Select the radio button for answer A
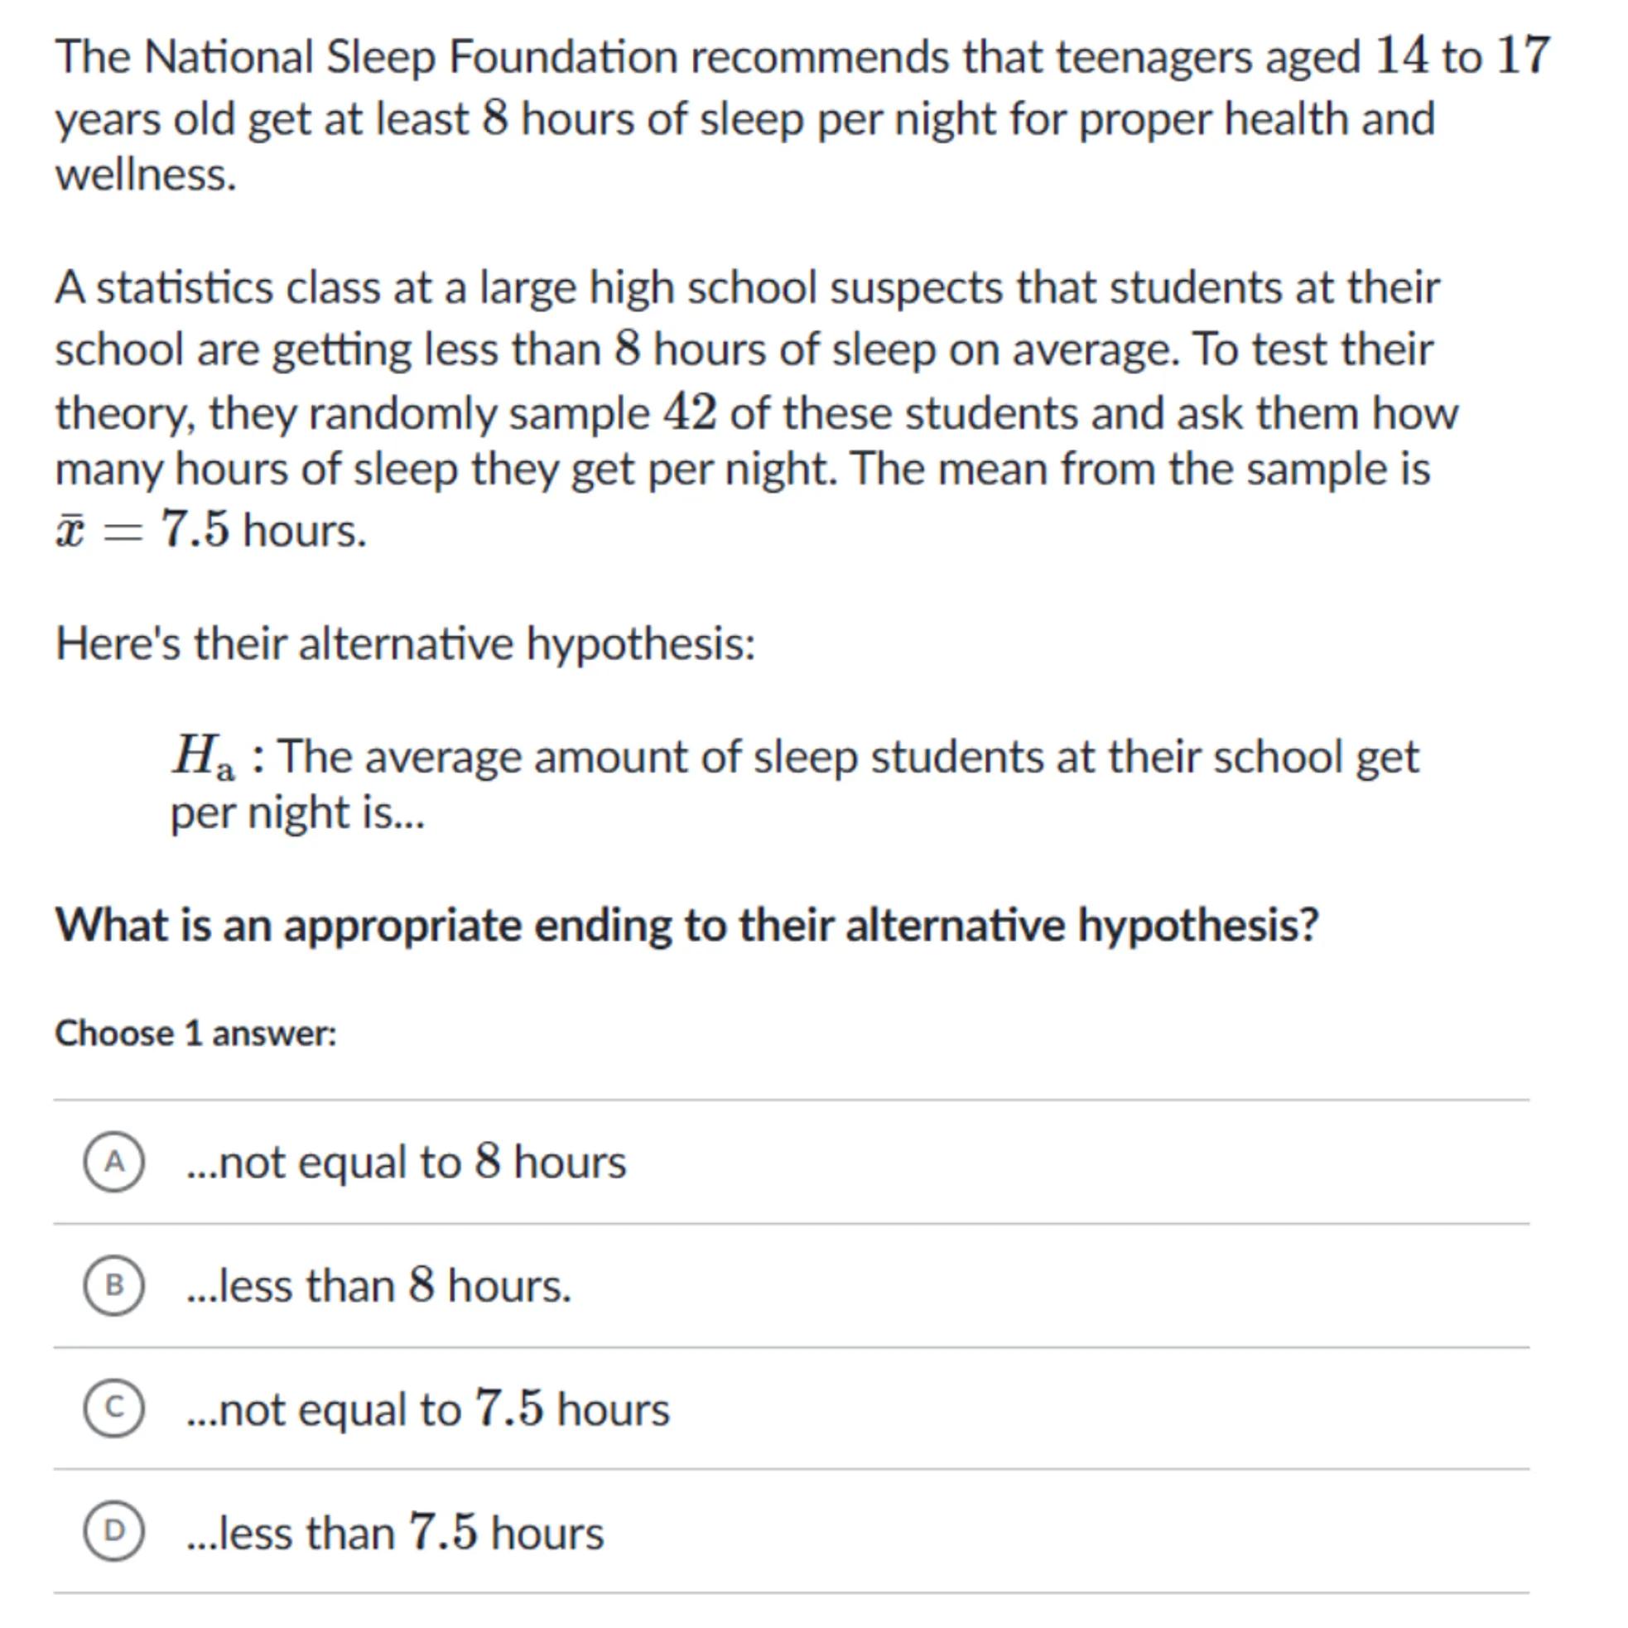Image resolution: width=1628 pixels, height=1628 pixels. click(113, 1162)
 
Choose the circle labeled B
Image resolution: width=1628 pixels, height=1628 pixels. click(113, 1285)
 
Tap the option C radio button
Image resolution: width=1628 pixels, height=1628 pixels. click(113, 1408)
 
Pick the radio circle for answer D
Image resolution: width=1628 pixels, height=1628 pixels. click(113, 1531)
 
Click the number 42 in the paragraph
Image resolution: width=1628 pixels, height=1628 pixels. click(690, 413)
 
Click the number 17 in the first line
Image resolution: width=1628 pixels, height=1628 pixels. click(1522, 55)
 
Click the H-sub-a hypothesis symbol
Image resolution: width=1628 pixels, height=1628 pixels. click(203, 757)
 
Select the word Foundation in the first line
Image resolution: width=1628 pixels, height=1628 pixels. click(563, 57)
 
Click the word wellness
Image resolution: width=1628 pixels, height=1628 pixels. click(146, 176)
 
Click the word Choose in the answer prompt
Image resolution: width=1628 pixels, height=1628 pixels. click(113, 1033)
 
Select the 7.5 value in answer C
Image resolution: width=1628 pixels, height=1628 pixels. click(509, 1408)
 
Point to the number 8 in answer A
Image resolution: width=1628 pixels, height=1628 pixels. click(488, 1161)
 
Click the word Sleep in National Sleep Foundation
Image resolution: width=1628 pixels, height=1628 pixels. click(380, 57)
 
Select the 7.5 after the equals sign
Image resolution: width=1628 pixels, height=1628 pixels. click(195, 530)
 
